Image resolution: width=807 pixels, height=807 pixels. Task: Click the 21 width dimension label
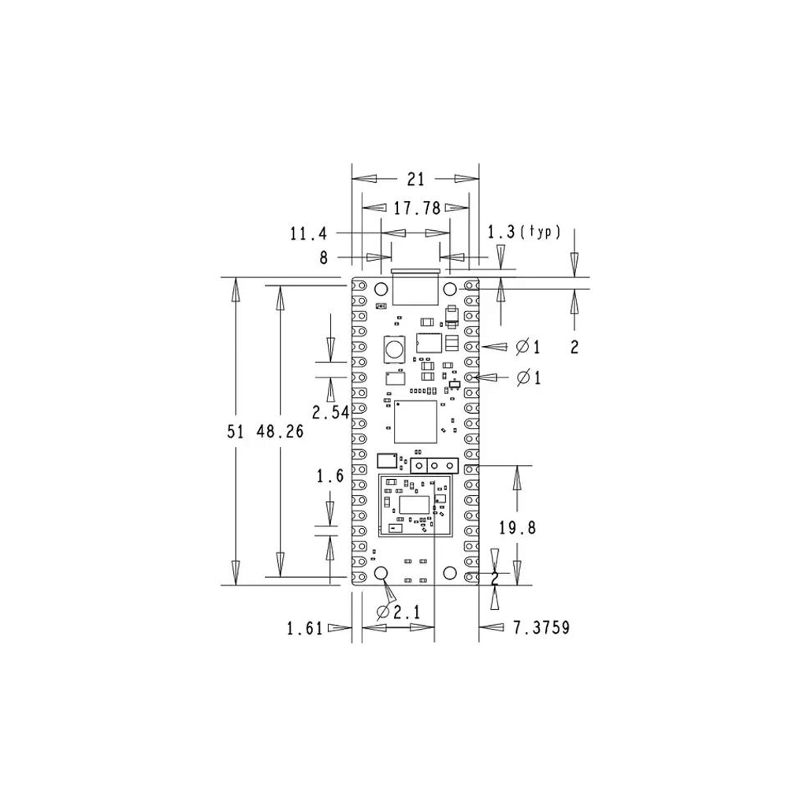pyautogui.click(x=416, y=179)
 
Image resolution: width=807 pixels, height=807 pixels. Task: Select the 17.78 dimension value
pyautogui.click(x=418, y=208)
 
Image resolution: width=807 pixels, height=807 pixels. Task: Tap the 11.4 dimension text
pyautogui.click(x=308, y=234)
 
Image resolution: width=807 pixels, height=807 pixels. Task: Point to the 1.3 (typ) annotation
pyautogui.click(x=524, y=232)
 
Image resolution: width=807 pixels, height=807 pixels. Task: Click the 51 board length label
pyautogui.click(x=235, y=431)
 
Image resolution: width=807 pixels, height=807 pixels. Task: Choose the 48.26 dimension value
pyautogui.click(x=280, y=431)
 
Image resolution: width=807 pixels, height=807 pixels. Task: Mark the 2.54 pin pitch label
pyautogui.click(x=331, y=412)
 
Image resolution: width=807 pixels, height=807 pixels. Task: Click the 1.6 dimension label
pyautogui.click(x=330, y=476)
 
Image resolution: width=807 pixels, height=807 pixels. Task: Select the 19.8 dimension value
pyautogui.click(x=517, y=527)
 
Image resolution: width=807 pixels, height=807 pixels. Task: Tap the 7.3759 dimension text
pyautogui.click(x=541, y=627)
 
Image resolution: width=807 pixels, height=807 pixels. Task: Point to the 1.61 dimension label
pyautogui.click(x=305, y=628)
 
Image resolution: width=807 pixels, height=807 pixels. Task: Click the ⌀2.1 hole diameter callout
pyautogui.click(x=398, y=612)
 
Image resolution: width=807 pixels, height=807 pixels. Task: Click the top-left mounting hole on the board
pyautogui.click(x=381, y=289)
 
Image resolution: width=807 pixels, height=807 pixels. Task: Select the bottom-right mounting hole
pyautogui.click(x=450, y=573)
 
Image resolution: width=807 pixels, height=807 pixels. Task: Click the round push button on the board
pyautogui.click(x=394, y=349)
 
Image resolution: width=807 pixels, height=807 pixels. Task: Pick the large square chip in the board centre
pyautogui.click(x=415, y=422)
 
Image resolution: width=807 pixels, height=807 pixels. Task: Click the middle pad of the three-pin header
pyautogui.click(x=434, y=467)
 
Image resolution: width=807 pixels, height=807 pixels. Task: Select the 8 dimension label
pyautogui.click(x=323, y=258)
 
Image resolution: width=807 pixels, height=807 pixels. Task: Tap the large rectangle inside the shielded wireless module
pyautogui.click(x=415, y=505)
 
